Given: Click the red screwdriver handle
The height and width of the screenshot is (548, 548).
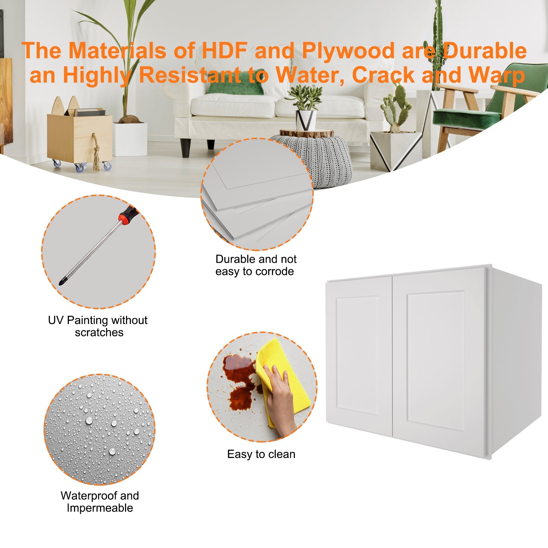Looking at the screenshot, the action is [127, 215].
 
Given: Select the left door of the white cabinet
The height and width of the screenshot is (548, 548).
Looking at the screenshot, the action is [359, 356].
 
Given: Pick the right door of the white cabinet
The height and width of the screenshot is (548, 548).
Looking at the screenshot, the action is [439, 361].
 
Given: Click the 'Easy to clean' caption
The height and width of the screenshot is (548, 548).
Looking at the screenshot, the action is [261, 454].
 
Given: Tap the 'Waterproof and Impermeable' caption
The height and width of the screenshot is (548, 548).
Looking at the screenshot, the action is [100, 501].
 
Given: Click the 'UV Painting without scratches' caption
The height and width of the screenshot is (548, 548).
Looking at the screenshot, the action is [98, 326].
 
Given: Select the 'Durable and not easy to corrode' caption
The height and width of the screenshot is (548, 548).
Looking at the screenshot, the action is [256, 265].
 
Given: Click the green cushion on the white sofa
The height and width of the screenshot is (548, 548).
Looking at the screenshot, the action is [236, 86].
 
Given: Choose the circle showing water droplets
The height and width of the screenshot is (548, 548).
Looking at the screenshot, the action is [99, 429].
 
